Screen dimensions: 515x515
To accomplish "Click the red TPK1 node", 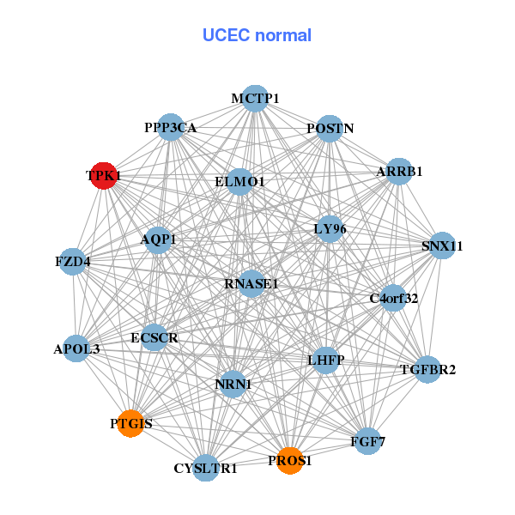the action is [x=104, y=175].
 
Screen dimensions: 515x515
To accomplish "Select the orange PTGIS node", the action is [x=130, y=423].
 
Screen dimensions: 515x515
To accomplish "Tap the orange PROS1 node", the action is [x=290, y=461].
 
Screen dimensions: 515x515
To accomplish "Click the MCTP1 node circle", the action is [x=254, y=99].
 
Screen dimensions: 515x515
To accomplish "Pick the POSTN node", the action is [x=330, y=129].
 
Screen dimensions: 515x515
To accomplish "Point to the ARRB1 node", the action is [x=399, y=172].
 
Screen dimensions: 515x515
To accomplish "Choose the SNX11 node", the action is [x=441, y=245].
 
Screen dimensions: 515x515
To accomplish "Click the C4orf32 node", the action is [x=393, y=299].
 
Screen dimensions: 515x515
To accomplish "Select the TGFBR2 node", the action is [x=427, y=370].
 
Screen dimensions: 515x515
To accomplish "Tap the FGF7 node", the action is [x=367, y=442].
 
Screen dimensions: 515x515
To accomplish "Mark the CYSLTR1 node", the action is [x=205, y=468].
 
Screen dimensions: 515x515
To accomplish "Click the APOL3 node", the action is [x=76, y=348].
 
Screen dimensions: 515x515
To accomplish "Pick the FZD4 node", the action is [x=74, y=260].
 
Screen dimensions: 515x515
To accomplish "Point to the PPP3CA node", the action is [x=170, y=128].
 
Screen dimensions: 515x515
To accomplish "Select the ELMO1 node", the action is [x=239, y=181].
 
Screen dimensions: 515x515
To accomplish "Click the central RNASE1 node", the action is [x=251, y=283].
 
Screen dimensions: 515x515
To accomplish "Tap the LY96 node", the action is [x=330, y=229].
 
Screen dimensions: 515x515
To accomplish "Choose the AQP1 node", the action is [x=158, y=239].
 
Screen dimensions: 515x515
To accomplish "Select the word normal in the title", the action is [x=283, y=35].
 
